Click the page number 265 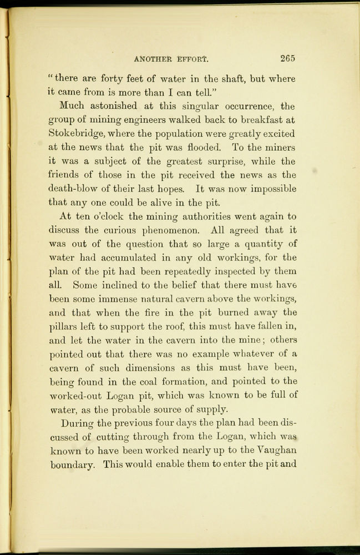287,57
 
